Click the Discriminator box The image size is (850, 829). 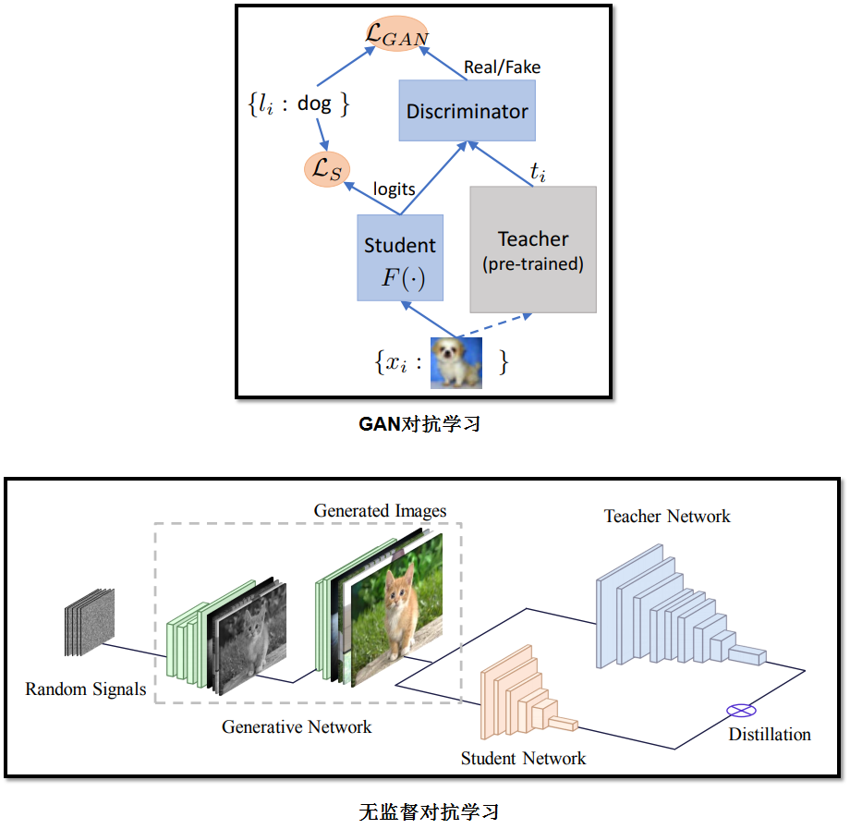(467, 111)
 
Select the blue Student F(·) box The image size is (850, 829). (400, 258)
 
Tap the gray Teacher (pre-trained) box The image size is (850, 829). (533, 250)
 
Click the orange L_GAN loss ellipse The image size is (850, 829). (396, 33)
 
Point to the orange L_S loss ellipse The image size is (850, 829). (327, 169)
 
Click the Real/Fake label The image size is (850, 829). (502, 67)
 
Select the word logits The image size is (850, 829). (395, 189)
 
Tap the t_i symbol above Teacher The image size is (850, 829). (537, 172)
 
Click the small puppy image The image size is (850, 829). (455, 362)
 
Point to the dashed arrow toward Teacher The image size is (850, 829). (494, 325)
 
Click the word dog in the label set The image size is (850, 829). (314, 104)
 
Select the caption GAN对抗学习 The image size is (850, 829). (419, 423)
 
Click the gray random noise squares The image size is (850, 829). (90, 622)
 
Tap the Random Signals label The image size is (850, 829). (86, 689)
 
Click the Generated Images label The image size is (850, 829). (380, 511)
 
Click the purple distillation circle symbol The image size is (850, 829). (741, 710)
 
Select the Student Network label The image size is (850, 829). (523, 758)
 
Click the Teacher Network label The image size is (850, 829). (667, 516)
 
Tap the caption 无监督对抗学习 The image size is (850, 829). (429, 811)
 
